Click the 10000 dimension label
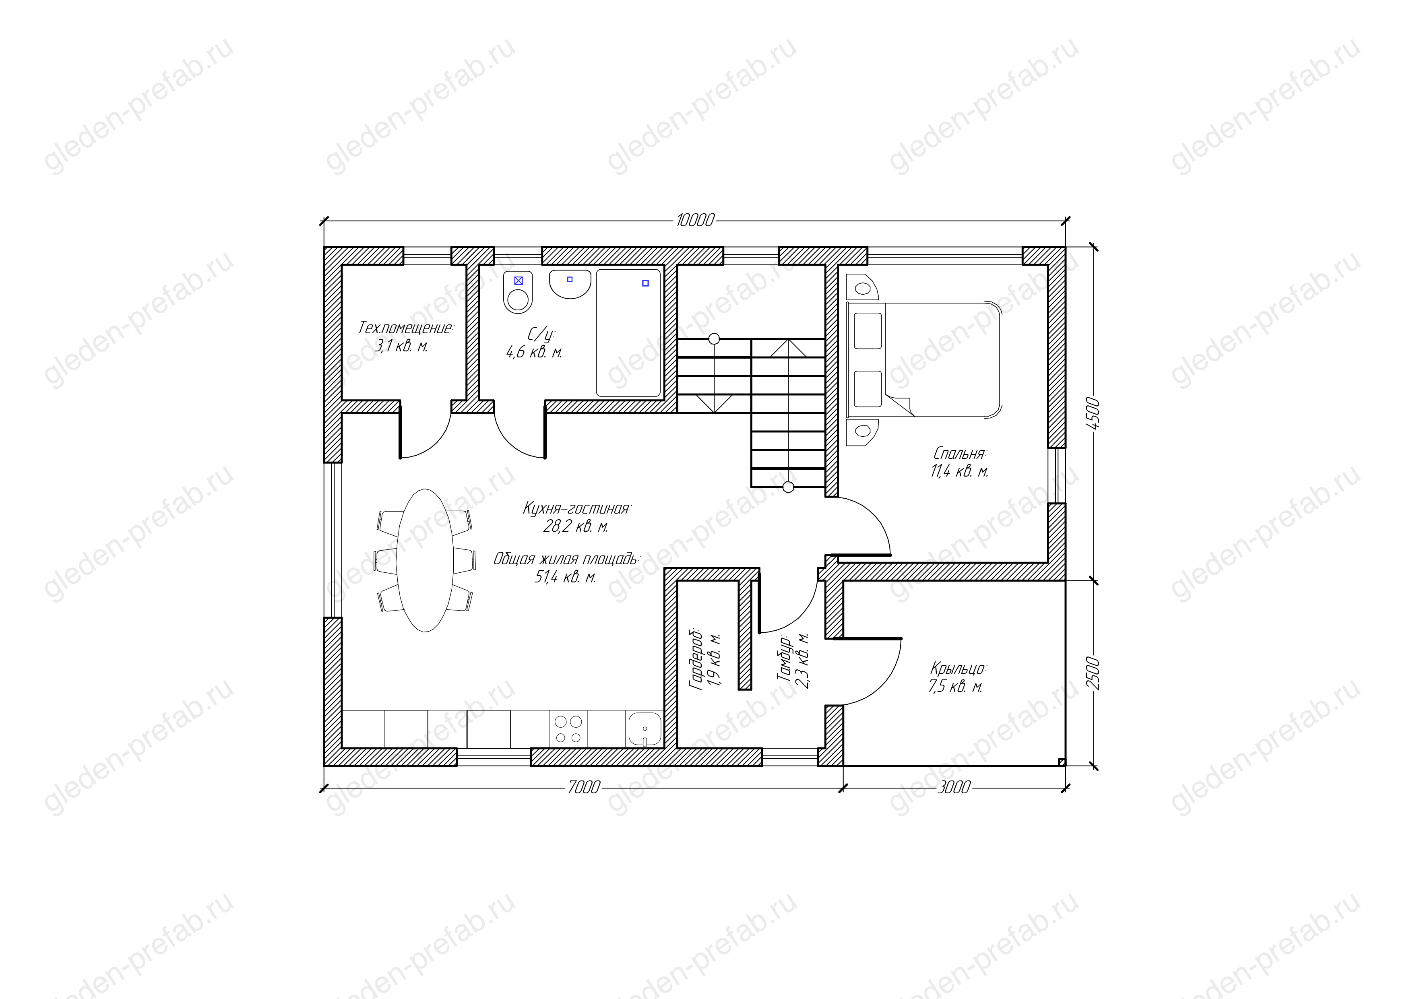(695, 220)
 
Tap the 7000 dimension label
(583, 787)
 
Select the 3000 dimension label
(953, 787)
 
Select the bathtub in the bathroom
(628, 333)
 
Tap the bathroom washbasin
(570, 284)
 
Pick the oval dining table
(425, 560)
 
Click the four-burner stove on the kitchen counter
(568, 729)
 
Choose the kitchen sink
(645, 729)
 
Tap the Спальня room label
(959, 454)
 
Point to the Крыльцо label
(958, 669)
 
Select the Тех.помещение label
(405, 328)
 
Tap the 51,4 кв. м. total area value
(565, 578)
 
